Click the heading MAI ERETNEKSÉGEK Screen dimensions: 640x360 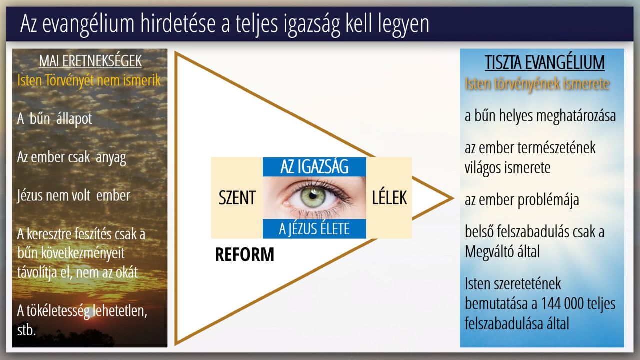[x=90, y=61]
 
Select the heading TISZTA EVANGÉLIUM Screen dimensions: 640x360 [x=545, y=62]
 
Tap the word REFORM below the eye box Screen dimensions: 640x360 [x=244, y=254]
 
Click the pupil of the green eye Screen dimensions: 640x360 [x=313, y=196]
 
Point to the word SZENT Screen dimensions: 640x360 [x=237, y=197]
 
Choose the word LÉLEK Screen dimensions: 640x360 [x=389, y=197]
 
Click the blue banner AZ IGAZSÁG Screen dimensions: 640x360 [x=314, y=167]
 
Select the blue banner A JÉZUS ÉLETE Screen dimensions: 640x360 [x=314, y=229]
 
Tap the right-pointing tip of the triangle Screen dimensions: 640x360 [x=453, y=198]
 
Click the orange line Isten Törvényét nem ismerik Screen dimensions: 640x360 [x=89, y=80]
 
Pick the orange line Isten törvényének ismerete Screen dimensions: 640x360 [x=537, y=84]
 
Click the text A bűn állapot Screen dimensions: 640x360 [x=54, y=118]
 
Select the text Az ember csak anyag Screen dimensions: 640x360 [x=71, y=157]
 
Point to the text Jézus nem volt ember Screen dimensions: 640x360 [x=73, y=196]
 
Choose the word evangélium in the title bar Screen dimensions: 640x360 [x=88, y=24]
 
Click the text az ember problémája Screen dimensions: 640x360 [x=522, y=200]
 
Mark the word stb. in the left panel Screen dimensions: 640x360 [x=26, y=331]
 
